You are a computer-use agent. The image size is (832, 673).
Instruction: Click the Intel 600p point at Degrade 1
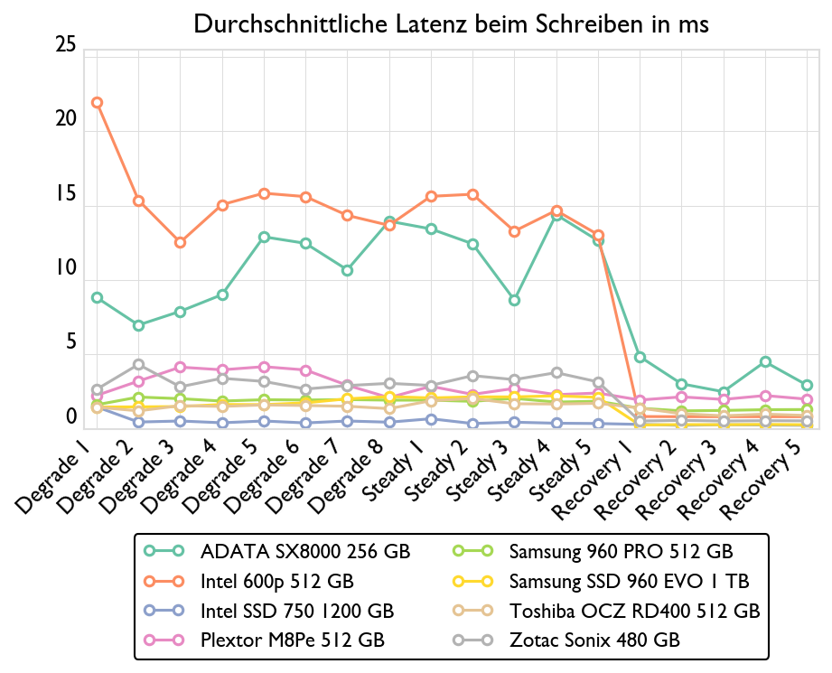97,103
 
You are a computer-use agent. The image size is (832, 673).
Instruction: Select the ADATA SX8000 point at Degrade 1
97,298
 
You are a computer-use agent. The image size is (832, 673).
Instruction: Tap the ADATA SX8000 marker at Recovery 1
640,358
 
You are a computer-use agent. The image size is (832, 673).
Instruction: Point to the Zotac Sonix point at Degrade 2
138,365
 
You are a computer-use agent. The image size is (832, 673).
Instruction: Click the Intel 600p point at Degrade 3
180,243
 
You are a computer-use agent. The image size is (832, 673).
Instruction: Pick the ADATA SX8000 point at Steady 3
514,301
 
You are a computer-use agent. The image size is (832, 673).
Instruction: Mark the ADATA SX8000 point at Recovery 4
765,362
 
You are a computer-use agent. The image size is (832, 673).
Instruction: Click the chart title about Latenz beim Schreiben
452,25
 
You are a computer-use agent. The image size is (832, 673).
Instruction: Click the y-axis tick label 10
66,269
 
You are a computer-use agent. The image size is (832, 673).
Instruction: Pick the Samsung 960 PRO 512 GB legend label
621,550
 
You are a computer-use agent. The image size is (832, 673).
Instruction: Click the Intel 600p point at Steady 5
598,237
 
